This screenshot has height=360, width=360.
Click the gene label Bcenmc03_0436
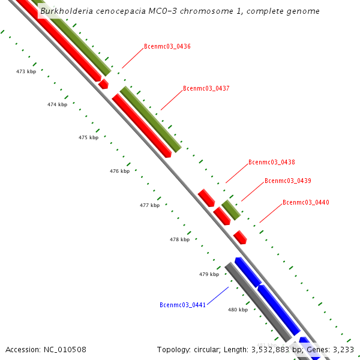tap(167, 47)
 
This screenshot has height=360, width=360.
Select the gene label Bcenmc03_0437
tap(206, 89)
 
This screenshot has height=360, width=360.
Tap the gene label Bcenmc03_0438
tap(272, 163)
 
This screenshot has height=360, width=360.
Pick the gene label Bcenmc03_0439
tap(288, 181)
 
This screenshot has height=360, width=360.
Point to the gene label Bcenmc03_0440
tap(306, 203)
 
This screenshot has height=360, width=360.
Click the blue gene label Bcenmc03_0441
tap(183, 305)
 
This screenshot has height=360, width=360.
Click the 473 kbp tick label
tap(26, 71)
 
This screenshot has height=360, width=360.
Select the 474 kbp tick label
tap(57, 105)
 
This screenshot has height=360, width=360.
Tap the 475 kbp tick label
tap(88, 138)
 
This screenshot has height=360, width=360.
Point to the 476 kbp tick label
tap(119, 172)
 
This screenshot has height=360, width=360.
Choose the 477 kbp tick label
tap(149, 206)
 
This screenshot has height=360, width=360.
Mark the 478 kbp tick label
tap(179, 240)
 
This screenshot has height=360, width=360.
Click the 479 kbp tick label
tap(209, 275)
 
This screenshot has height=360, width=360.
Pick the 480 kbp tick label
tap(238, 310)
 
